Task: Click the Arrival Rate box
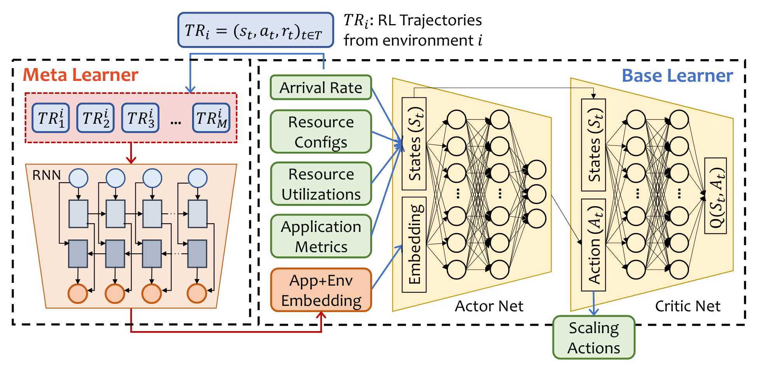pos(321,88)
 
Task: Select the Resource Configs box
pos(321,132)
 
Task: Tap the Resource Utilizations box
pos(321,184)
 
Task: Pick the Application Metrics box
pos(321,236)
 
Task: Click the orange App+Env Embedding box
pos(321,290)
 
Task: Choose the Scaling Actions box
pos(594,337)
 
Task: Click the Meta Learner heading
pos(80,75)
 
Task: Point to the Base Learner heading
pos(677,75)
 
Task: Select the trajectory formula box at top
pos(255,30)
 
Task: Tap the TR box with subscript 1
pos(51,118)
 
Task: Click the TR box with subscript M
pos(211,118)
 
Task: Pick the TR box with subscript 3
pos(140,118)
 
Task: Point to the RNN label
pos(46,175)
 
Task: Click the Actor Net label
pos(489,306)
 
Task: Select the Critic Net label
pos(687,306)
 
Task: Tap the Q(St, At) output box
pos(715,196)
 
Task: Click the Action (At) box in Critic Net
pos(593,245)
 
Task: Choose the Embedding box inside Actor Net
pos(414,245)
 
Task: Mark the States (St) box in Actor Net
pos(414,144)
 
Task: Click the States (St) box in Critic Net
pos(593,145)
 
